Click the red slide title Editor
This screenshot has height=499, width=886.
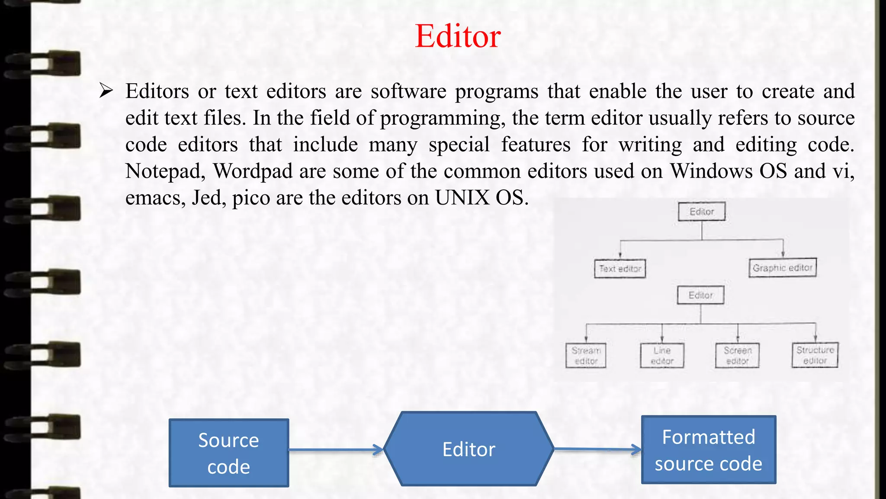[x=458, y=36]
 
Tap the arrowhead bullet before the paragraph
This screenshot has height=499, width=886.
[x=106, y=91]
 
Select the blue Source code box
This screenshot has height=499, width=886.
[x=228, y=453]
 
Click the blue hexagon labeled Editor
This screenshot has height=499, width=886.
[x=469, y=449]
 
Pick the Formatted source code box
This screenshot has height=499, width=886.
[x=708, y=450]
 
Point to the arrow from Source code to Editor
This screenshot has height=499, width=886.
[x=336, y=450]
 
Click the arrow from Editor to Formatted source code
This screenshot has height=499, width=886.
[x=597, y=450]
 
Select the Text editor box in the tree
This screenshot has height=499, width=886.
[x=620, y=269]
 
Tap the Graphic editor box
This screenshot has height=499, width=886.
[x=783, y=268]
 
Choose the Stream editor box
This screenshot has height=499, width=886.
[x=586, y=356]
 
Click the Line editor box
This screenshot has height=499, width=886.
[x=662, y=356]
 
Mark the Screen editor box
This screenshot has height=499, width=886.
[x=737, y=356]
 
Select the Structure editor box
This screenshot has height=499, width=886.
[x=815, y=355]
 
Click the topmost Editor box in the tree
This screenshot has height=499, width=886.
[x=701, y=211]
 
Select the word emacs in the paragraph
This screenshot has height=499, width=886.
[x=155, y=198]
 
